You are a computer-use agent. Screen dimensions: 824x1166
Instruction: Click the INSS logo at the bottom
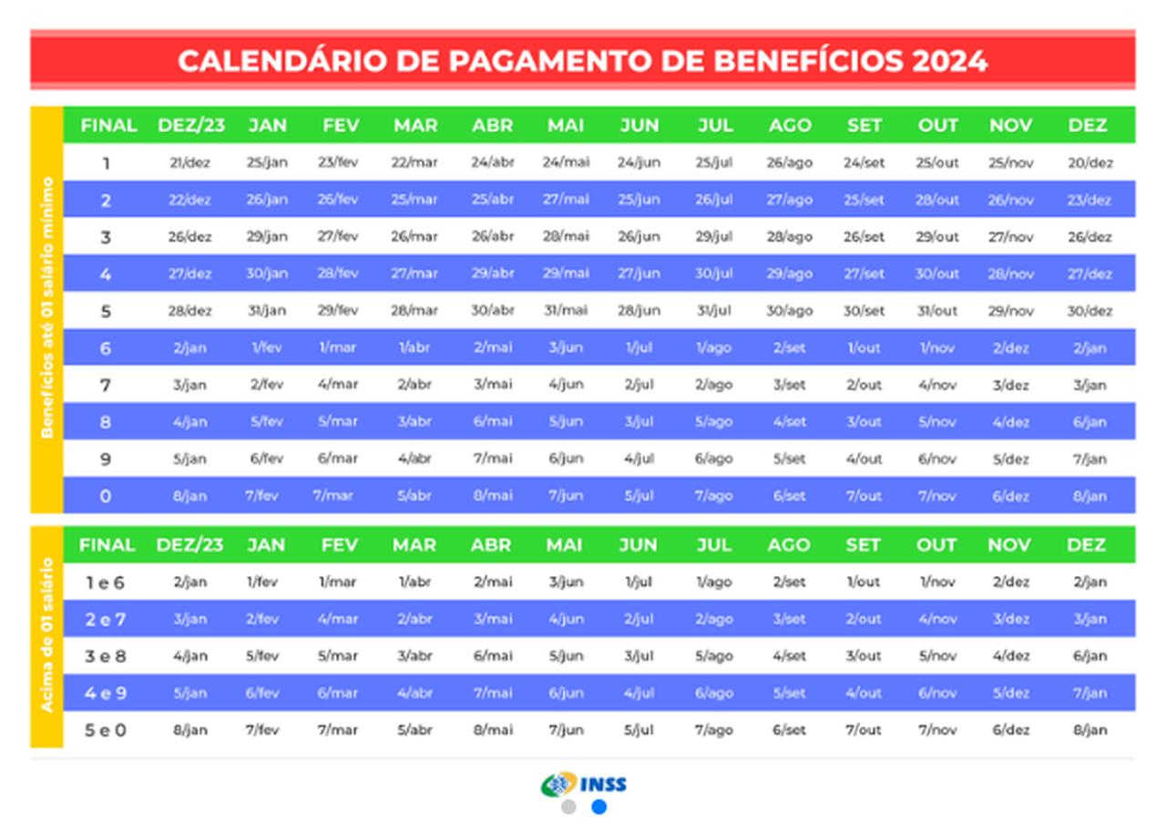pyautogui.click(x=584, y=784)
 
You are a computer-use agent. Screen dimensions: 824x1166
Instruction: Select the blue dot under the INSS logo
pyautogui.click(x=598, y=807)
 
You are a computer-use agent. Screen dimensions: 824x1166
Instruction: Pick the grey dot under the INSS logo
pyautogui.click(x=568, y=807)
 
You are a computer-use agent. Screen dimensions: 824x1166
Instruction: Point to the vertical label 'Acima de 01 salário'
pyautogui.click(x=46, y=635)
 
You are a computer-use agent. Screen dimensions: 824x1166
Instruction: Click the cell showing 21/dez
pyautogui.click(x=190, y=163)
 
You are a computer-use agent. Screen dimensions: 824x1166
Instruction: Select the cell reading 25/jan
pyautogui.click(x=267, y=163)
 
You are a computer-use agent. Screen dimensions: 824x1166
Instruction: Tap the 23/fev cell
pyautogui.click(x=338, y=163)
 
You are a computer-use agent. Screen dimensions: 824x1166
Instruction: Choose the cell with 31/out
pyautogui.click(x=937, y=311)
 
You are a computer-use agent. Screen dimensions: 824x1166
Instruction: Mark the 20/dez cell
pyautogui.click(x=1089, y=163)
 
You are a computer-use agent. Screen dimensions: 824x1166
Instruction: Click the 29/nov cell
pyautogui.click(x=1011, y=311)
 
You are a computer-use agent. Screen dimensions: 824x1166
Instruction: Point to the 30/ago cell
pyautogui.click(x=789, y=311)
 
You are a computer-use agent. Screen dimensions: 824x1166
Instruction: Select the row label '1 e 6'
pyautogui.click(x=106, y=582)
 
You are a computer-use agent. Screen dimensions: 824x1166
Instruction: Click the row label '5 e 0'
pyautogui.click(x=106, y=730)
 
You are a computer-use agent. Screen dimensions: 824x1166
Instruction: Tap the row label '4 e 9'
pyautogui.click(x=106, y=693)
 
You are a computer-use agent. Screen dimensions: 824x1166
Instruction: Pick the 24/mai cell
pyautogui.click(x=566, y=163)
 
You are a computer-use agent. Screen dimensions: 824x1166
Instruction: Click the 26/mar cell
pyautogui.click(x=414, y=237)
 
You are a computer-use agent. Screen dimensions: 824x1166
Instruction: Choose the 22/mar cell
pyautogui.click(x=414, y=163)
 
